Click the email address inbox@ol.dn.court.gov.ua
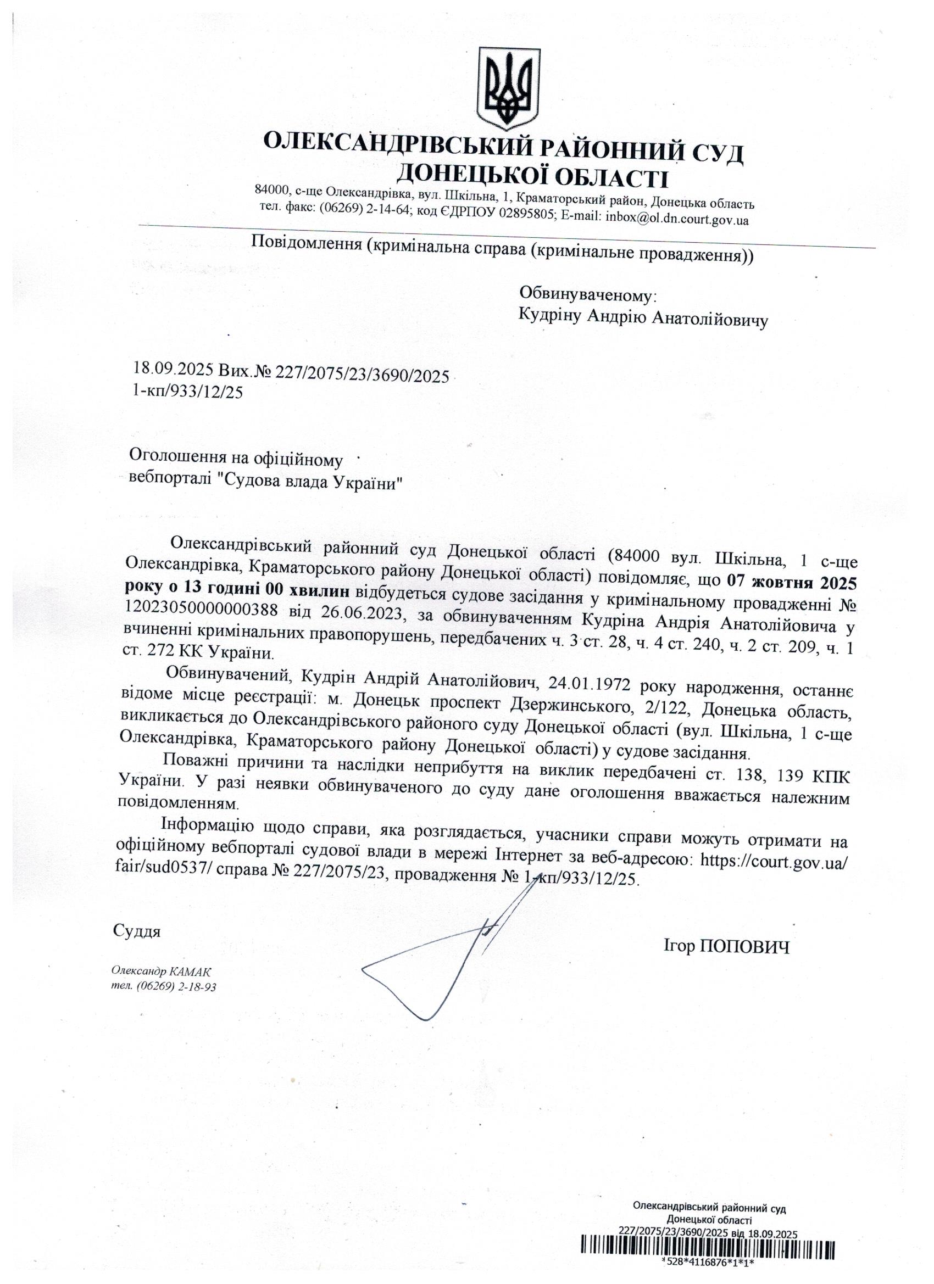coord(677,219)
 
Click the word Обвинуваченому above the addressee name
coord(587,294)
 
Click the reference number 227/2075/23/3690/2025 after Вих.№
coord(362,374)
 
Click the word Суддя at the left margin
coord(137,931)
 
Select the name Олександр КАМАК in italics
coord(162,972)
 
